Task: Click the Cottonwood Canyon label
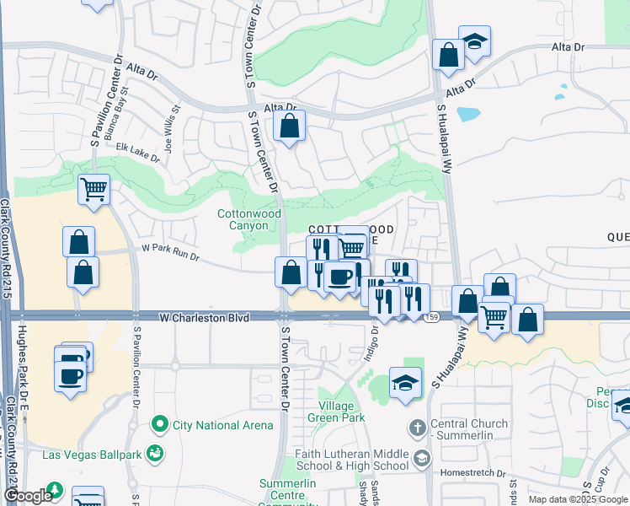click(249, 220)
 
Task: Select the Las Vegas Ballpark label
click(92, 454)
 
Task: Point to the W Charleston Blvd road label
click(205, 318)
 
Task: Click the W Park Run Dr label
click(171, 250)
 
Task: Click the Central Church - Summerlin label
click(469, 430)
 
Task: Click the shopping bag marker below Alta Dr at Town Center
click(289, 127)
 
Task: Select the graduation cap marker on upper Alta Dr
click(474, 41)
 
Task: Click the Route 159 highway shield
click(432, 317)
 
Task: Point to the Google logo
click(27, 497)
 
